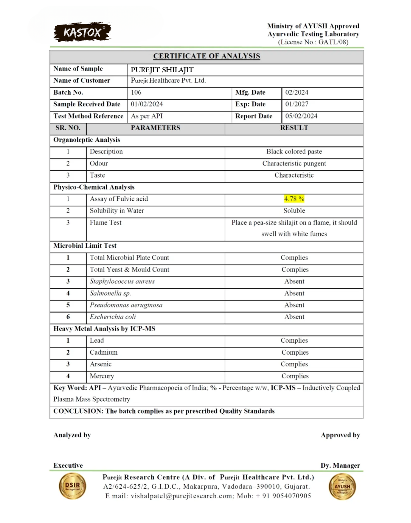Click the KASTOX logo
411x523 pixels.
tap(82, 32)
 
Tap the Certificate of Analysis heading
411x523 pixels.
tap(207, 56)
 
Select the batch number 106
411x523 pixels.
tap(136, 93)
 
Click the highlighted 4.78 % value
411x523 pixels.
tap(294, 199)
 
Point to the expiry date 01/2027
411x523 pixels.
tap(297, 104)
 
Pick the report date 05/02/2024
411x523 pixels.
tap(301, 116)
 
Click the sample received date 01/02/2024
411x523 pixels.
tap(147, 104)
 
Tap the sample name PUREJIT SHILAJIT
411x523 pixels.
tap(162, 70)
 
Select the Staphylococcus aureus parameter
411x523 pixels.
tap(122, 281)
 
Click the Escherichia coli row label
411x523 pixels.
tap(113, 317)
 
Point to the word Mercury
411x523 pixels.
tap(102, 376)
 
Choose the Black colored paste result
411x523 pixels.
tap(294, 152)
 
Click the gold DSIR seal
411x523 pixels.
tap(72, 486)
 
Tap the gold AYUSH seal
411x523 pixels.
tap(342, 487)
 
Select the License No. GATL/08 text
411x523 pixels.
tap(313, 42)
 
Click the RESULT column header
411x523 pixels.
tap(294, 128)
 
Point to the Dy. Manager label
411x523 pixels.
tap(340, 465)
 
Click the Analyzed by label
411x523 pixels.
tap(72, 435)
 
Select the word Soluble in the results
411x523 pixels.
tap(294, 211)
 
